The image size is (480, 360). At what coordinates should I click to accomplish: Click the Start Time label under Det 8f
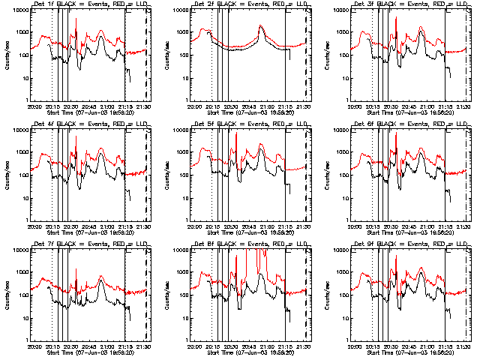click(x=250, y=351)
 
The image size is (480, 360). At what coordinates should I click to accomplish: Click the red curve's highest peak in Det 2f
click(x=261, y=26)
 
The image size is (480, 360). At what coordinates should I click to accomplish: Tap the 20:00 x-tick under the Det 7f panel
click(x=34, y=345)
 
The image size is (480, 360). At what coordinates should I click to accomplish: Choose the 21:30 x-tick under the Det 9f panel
click(x=463, y=345)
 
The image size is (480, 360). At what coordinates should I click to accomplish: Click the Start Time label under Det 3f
click(x=410, y=111)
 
